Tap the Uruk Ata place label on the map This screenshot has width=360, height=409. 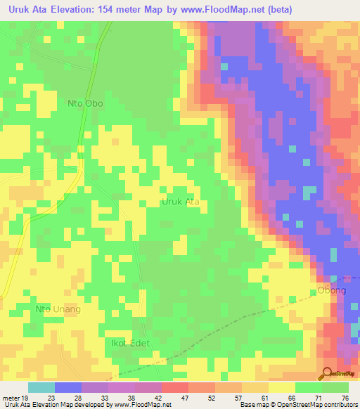tap(181, 202)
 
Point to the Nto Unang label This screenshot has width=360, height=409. tap(58, 309)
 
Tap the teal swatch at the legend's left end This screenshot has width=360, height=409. tap(41, 387)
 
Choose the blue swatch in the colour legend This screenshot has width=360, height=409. tap(68, 387)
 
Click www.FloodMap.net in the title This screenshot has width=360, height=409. tap(221, 10)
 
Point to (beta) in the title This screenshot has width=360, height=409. tap(276, 10)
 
